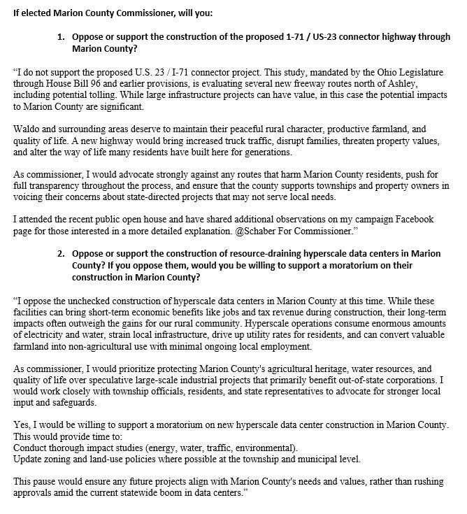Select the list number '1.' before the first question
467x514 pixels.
point(61,36)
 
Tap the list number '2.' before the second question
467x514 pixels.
point(61,252)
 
